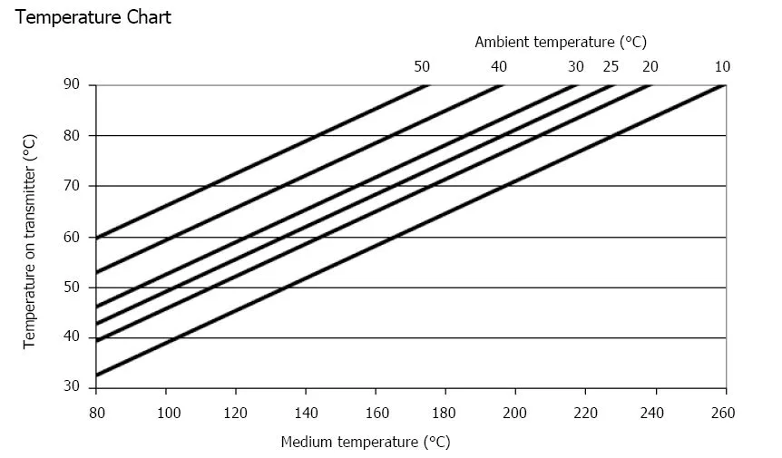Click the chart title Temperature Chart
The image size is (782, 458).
pyautogui.click(x=93, y=17)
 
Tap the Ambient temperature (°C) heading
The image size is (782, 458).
pyautogui.click(x=560, y=42)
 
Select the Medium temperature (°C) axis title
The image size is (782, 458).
pyautogui.click(x=366, y=443)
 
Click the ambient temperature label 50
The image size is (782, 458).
pyautogui.click(x=422, y=66)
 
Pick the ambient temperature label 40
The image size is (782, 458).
pyautogui.click(x=499, y=66)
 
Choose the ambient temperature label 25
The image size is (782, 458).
pyautogui.click(x=611, y=66)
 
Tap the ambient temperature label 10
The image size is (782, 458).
pyautogui.click(x=722, y=66)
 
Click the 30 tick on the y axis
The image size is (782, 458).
pyautogui.click(x=73, y=388)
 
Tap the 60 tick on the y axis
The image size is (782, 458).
pyautogui.click(x=73, y=237)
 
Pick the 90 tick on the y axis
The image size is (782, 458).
pyautogui.click(x=73, y=85)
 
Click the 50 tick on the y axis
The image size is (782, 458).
pyautogui.click(x=73, y=287)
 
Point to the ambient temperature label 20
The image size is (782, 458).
pyautogui.click(x=650, y=66)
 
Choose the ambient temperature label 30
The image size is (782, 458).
pyautogui.click(x=576, y=66)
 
